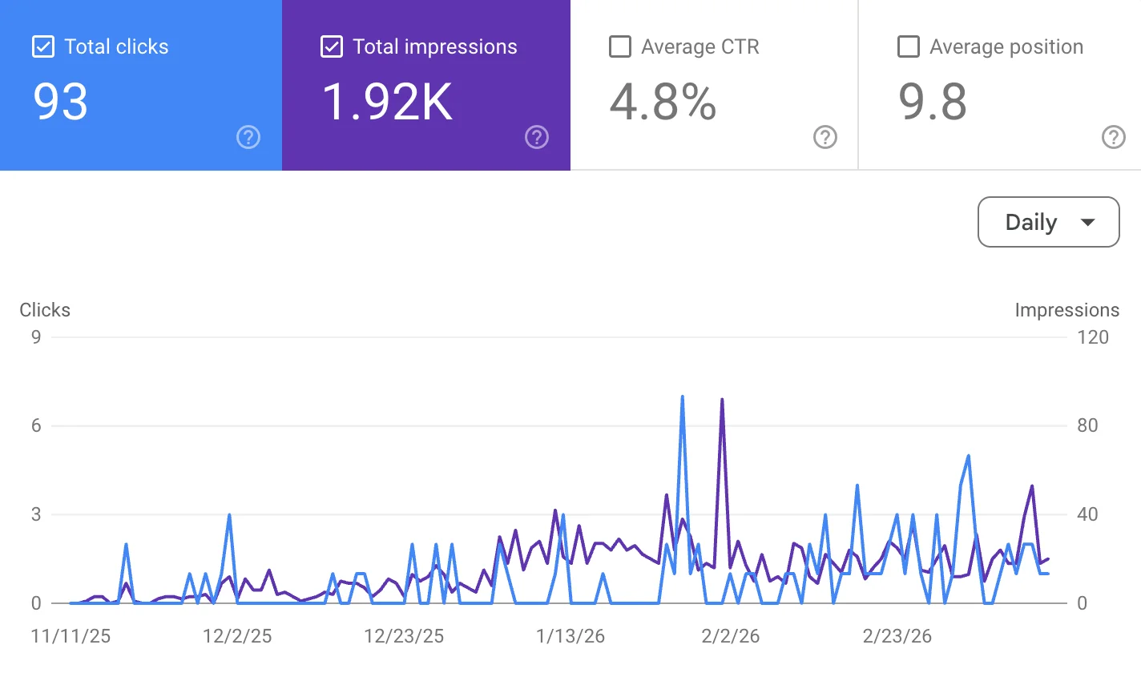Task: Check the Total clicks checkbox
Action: click(x=43, y=47)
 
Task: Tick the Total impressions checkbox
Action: click(x=332, y=47)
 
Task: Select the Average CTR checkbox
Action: click(x=620, y=47)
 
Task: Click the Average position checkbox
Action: click(x=909, y=47)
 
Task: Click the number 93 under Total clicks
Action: click(x=61, y=103)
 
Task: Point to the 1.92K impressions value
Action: click(x=387, y=103)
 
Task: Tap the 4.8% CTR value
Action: click(x=663, y=103)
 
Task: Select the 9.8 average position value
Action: click(x=933, y=103)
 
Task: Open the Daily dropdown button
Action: click(x=1048, y=222)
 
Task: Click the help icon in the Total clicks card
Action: click(x=248, y=138)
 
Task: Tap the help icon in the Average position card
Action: click(x=1114, y=138)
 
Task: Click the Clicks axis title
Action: click(x=45, y=310)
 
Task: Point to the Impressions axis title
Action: click(x=1066, y=310)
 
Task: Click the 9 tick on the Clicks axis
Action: click(x=36, y=337)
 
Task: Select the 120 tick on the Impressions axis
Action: click(x=1093, y=337)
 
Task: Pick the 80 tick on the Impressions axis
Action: click(x=1087, y=425)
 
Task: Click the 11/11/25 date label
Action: click(x=71, y=636)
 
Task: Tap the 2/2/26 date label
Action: click(x=730, y=636)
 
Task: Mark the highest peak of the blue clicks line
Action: click(x=682, y=397)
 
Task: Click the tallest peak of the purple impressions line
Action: click(x=722, y=399)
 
